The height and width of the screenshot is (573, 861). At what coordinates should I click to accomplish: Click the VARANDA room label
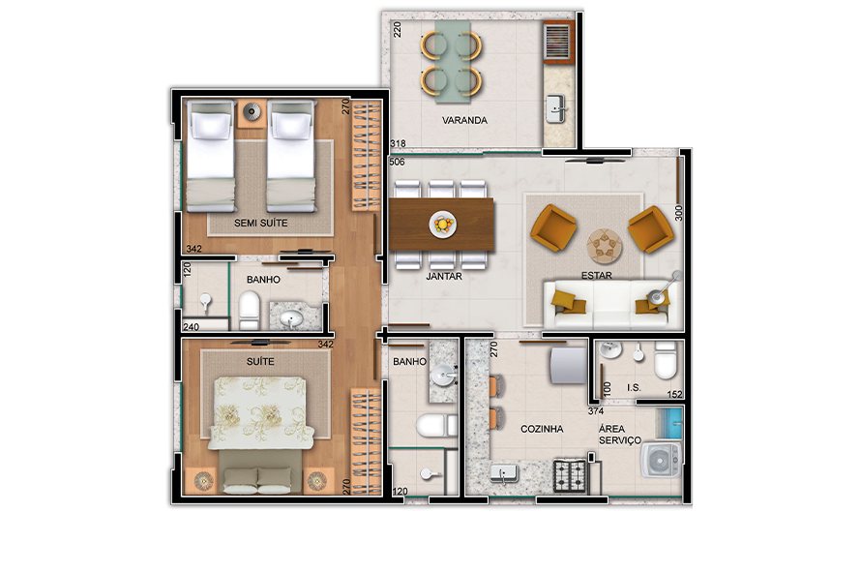pos(464,120)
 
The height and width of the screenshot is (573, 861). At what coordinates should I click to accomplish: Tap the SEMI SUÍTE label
pos(261,223)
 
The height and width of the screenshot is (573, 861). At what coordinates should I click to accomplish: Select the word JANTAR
pos(444,276)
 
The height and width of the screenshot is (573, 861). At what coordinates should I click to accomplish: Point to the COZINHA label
pos(542,429)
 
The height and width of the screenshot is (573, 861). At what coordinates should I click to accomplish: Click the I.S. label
pos(635,388)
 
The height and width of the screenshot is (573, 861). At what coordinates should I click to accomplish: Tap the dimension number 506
pos(397,162)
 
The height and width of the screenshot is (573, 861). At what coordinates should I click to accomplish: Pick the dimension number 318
pos(398,144)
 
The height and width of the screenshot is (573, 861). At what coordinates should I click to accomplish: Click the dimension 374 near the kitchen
pos(596,411)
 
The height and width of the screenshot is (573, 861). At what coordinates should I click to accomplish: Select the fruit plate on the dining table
pos(442,225)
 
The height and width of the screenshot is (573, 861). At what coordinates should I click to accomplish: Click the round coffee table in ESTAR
pos(605,246)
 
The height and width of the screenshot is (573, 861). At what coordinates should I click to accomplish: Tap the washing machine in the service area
pos(661,460)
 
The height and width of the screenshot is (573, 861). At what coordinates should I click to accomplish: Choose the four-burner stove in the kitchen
pos(571,476)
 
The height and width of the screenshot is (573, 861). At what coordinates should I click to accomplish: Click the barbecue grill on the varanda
pos(558,41)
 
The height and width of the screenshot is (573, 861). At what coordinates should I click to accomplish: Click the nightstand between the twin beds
pos(252,112)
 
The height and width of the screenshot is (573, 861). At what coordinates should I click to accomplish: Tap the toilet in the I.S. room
pos(666,360)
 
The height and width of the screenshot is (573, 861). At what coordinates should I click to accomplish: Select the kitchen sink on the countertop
pos(504,473)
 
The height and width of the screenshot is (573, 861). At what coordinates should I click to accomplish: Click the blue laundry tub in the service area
pos(668,424)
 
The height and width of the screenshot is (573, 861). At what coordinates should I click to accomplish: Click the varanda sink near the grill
pos(556,109)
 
